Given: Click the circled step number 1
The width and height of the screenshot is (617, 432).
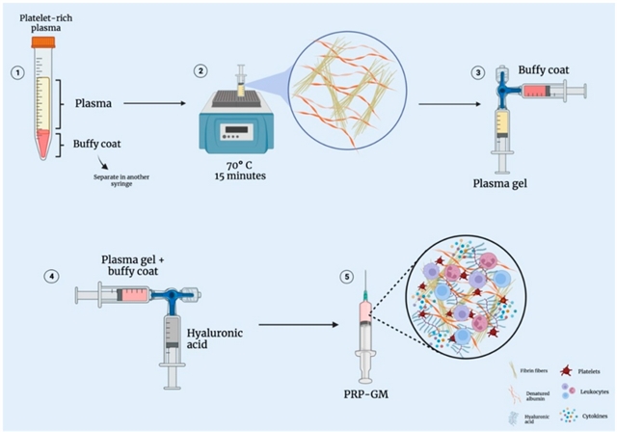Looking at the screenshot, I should coord(14,71).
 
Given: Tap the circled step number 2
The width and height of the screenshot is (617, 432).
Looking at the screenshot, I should coord(201,71).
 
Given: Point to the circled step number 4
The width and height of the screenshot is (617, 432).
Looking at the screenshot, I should coord(52,277).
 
